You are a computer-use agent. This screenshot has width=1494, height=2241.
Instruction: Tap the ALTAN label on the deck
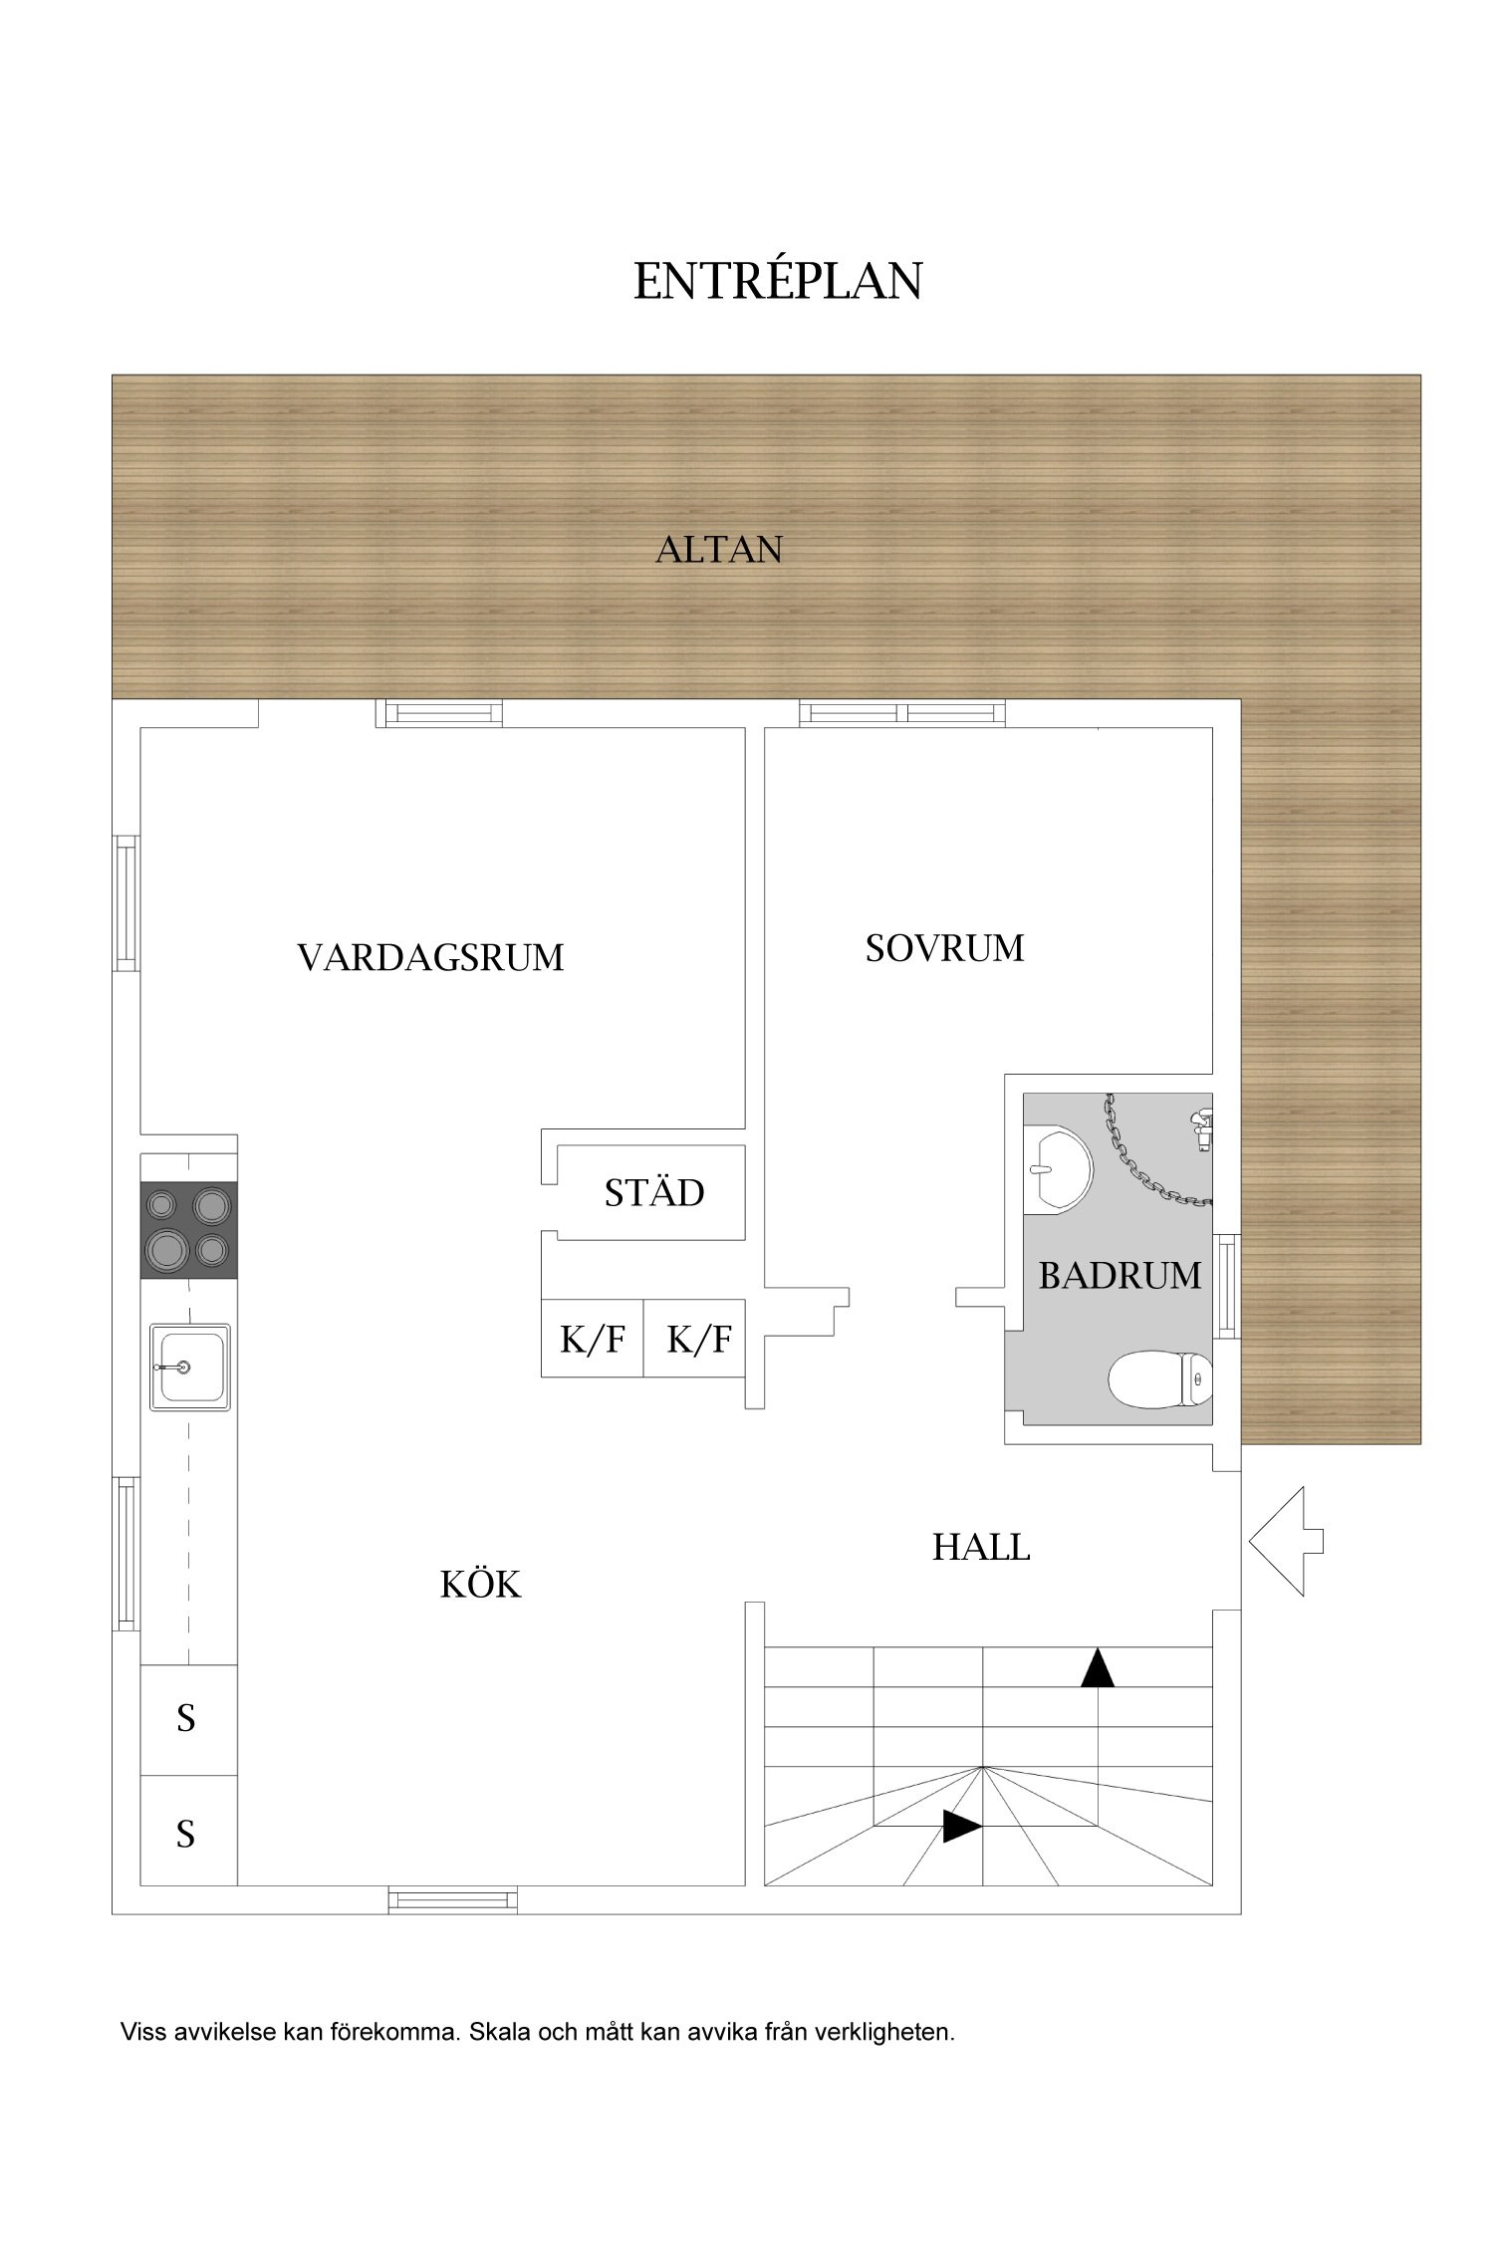(x=719, y=549)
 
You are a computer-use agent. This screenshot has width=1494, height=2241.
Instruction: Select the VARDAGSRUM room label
(x=430, y=957)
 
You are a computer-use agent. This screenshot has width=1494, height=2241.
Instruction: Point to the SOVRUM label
(x=944, y=948)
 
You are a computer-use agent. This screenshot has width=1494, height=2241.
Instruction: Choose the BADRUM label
(x=1120, y=1275)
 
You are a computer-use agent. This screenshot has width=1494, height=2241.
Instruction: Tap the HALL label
(x=981, y=1547)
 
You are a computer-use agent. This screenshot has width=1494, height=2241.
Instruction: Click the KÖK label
(x=480, y=1584)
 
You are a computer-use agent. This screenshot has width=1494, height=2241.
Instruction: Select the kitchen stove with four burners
(x=188, y=1229)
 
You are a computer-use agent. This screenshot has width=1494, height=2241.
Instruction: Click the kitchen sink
(x=190, y=1367)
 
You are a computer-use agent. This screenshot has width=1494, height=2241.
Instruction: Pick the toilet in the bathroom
(x=1160, y=1379)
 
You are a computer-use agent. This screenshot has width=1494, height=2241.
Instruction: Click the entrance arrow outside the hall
(x=1286, y=1541)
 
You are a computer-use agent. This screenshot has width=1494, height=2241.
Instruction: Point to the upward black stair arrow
(x=1098, y=1667)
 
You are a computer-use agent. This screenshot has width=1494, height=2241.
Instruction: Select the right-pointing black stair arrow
(x=962, y=1826)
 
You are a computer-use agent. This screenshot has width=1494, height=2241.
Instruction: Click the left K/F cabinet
(x=593, y=1339)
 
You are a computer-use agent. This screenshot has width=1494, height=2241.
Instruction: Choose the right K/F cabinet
(x=695, y=1339)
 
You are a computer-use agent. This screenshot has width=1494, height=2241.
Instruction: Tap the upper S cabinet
(x=188, y=1719)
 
